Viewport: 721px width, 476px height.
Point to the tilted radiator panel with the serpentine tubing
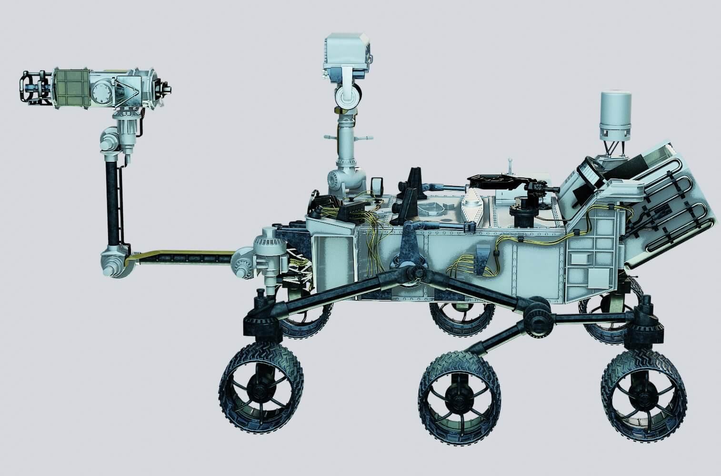click(667, 200)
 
